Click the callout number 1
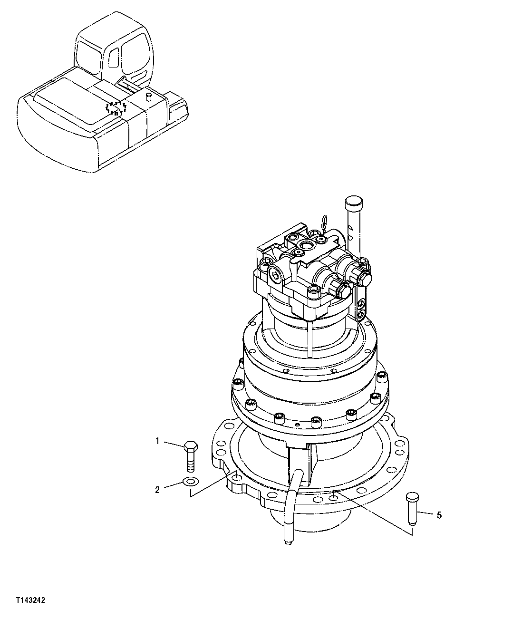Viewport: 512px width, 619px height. [157, 441]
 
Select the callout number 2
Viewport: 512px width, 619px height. [157, 490]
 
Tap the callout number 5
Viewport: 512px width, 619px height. [439, 515]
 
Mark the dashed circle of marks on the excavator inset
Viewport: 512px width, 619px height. [116, 108]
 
